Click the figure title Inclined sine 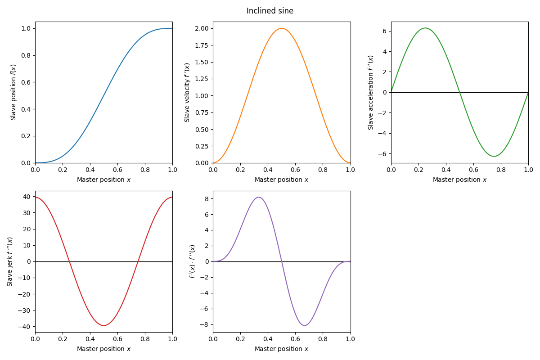pyautogui.click(x=270, y=11)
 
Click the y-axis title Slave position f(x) pyautogui.click(x=13, y=92)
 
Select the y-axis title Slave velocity pyautogui.click(x=187, y=92)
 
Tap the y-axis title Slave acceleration pyautogui.click(x=371, y=92)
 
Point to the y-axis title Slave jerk pyautogui.click(x=10, y=261)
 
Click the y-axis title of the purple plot pyautogui.click(x=193, y=261)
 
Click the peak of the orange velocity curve pyautogui.click(x=282, y=28)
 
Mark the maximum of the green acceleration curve pyautogui.click(x=425, y=28)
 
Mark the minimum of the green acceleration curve pyautogui.click(x=494, y=156)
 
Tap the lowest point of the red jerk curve pyautogui.click(x=104, y=325)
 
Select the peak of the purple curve pyautogui.click(x=259, y=197)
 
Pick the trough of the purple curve pyautogui.click(x=305, y=325)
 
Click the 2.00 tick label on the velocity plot pyautogui.click(x=202, y=28)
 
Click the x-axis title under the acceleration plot pyautogui.click(x=459, y=180)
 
